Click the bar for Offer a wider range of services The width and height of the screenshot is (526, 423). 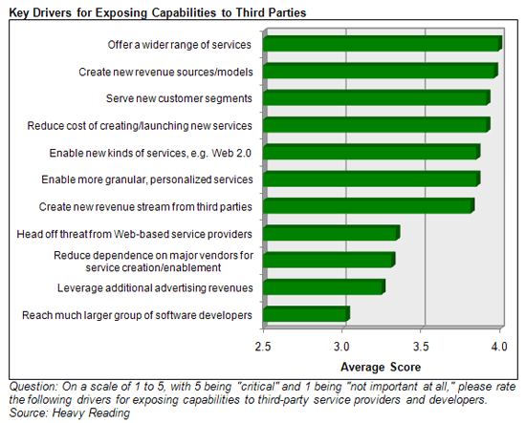click(383, 44)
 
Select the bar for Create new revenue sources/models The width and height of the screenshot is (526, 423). click(381, 71)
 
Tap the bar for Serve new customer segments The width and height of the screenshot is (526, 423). click(377, 97)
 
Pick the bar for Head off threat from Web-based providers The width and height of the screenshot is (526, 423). click(332, 233)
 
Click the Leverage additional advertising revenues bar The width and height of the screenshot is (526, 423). click(324, 287)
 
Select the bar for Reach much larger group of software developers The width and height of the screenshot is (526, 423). click(307, 314)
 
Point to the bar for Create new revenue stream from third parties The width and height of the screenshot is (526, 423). click(368, 206)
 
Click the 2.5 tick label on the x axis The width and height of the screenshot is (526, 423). click(263, 347)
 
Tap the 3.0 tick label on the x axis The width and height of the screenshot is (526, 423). click(341, 347)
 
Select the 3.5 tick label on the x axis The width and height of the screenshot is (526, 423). click(421, 347)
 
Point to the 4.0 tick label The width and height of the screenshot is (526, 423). click(499, 347)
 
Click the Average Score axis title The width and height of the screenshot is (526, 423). click(381, 367)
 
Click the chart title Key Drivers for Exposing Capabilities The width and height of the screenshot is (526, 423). click(158, 12)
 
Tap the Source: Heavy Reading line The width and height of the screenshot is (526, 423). click(70, 412)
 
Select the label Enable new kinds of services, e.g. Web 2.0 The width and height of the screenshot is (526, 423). click(150, 153)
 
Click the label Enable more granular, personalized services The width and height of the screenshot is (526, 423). click(147, 180)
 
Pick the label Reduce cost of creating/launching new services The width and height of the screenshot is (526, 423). click(140, 126)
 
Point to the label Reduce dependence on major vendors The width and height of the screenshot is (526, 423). click(153, 262)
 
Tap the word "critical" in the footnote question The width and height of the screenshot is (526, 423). click(258, 387)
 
